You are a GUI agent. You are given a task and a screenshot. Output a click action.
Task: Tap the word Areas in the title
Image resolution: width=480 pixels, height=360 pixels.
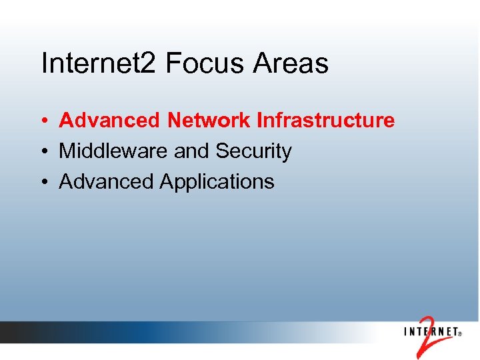292,64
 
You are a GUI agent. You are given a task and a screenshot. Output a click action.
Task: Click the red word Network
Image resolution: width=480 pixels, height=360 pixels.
209,121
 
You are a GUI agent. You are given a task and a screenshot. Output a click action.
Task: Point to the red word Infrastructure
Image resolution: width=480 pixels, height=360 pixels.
325,121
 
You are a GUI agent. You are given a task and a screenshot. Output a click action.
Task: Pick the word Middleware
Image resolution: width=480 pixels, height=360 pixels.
113,151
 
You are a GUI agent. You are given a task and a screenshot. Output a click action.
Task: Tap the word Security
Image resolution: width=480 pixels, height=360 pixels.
253,151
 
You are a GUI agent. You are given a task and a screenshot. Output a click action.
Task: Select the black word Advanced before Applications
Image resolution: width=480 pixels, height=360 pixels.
107,181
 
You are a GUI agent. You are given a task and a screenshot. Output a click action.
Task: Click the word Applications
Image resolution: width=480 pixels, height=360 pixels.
217,181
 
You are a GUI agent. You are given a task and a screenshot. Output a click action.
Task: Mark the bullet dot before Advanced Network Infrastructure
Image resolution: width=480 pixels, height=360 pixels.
42,121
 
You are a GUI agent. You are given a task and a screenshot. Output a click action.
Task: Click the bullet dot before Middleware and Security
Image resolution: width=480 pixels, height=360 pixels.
42,152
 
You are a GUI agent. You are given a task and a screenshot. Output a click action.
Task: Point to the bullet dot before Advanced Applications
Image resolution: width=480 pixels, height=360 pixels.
42,182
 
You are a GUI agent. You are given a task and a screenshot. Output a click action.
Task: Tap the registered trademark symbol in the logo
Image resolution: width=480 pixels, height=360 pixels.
459,335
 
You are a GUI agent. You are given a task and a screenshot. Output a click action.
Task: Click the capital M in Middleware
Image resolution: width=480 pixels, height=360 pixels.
67,151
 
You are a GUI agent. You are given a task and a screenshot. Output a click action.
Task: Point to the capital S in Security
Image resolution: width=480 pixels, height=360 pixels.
222,151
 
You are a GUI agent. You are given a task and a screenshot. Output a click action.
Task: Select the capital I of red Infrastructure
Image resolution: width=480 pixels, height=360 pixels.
259,121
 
